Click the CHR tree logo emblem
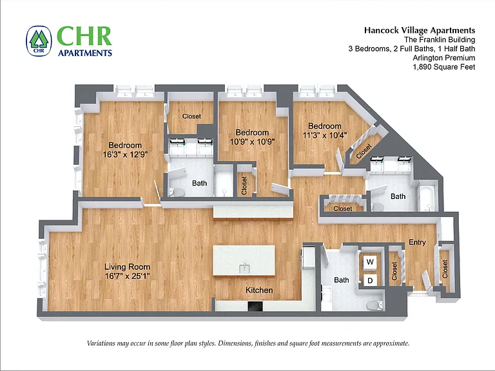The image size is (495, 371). (x=39, y=41)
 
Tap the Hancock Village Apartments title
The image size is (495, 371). (x=420, y=30)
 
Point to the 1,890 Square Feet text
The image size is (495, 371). (x=444, y=67)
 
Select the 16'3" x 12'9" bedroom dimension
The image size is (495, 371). (x=125, y=155)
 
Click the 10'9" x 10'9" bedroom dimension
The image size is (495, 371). (x=252, y=142)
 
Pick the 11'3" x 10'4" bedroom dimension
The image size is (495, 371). (x=325, y=135)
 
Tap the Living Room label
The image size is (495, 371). (x=127, y=267)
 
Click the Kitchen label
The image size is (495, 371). (x=259, y=290)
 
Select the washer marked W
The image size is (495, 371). (x=370, y=262)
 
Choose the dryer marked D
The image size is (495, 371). (x=370, y=280)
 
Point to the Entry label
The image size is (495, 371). (x=418, y=242)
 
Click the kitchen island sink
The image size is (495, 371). (x=244, y=268)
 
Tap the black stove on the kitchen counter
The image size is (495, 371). (x=255, y=307)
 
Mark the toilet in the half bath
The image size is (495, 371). (x=374, y=305)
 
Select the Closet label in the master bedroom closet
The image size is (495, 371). (x=191, y=116)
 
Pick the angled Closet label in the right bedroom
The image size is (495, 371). (x=364, y=151)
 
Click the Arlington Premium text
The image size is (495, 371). (x=444, y=58)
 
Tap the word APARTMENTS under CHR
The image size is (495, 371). (x=85, y=53)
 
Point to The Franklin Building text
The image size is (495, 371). (x=440, y=39)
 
